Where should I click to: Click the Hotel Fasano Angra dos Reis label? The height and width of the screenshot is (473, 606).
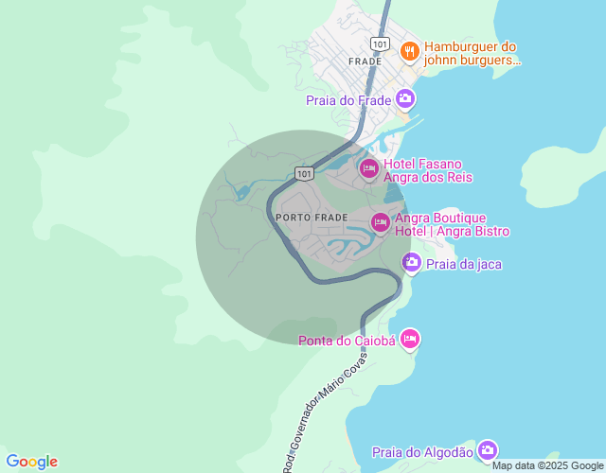428,170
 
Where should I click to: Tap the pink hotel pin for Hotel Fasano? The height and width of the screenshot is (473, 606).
368,168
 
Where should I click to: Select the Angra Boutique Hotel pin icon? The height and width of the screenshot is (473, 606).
380,222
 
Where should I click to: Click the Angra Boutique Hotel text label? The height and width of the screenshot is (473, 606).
452,224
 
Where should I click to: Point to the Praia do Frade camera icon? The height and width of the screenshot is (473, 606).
405,98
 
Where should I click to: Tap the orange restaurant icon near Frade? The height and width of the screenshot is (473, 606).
410,50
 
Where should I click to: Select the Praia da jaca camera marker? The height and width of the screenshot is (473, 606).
411,263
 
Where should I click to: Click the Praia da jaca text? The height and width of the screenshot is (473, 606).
464,264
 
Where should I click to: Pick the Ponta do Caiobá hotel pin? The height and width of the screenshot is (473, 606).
409,338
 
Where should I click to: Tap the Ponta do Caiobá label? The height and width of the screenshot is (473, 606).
347,341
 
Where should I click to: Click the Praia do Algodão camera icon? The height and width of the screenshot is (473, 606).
487,450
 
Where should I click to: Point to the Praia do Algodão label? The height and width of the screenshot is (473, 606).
422,452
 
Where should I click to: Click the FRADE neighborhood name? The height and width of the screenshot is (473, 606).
365,61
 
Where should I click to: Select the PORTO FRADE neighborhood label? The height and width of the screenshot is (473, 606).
312,218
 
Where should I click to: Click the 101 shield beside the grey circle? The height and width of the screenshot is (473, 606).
303,173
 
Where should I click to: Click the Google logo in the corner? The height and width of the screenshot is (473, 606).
31,462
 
